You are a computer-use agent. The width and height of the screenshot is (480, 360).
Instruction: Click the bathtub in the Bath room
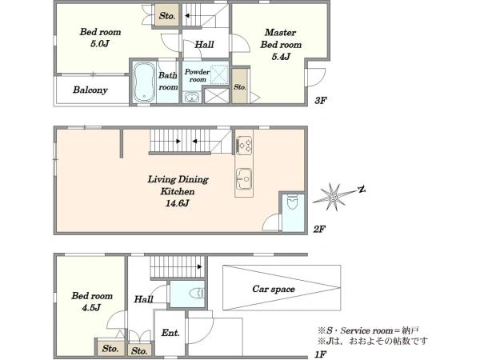click(143, 82)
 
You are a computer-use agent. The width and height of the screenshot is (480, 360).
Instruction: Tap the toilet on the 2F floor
click(293, 202)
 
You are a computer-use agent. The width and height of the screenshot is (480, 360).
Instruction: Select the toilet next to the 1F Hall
click(197, 293)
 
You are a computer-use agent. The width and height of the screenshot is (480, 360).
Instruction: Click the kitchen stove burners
click(244, 145)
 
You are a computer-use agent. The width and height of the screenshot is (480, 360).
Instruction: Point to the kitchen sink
click(244, 178)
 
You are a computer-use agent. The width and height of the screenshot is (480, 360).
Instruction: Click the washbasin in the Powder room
click(192, 98)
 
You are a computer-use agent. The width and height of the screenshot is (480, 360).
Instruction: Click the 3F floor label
click(321, 100)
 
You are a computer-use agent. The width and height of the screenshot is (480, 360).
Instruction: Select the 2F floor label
click(319, 229)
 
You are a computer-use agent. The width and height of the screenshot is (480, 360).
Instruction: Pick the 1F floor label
click(320, 354)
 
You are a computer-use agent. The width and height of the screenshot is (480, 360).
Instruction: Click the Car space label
click(274, 289)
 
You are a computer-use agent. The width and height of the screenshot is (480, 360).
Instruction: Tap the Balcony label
click(90, 90)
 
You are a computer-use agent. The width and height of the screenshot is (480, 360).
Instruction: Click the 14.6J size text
click(178, 203)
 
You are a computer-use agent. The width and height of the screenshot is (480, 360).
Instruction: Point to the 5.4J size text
click(281, 57)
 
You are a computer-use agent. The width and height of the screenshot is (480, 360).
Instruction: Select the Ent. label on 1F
click(170, 333)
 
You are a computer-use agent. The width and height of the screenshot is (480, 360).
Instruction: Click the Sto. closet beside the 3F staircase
click(167, 16)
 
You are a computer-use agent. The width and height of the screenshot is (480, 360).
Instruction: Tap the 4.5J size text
click(91, 308)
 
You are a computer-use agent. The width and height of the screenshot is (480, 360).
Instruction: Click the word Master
click(281, 32)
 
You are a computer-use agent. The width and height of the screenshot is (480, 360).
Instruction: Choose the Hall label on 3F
click(204, 45)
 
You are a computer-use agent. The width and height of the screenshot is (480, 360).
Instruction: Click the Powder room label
click(197, 76)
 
